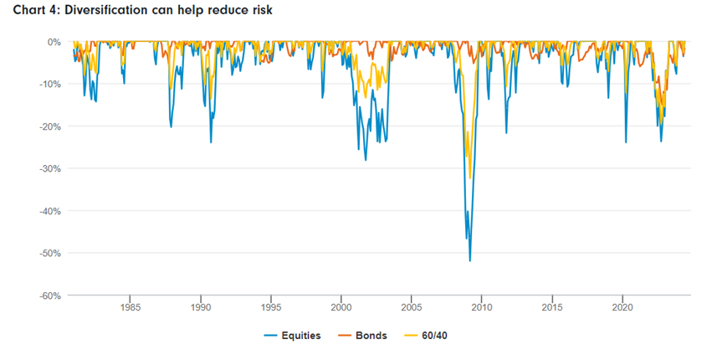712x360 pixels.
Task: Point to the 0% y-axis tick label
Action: tap(54, 42)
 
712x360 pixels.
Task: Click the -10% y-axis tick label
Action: tap(49, 84)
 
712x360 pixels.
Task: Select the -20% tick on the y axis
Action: tap(49, 126)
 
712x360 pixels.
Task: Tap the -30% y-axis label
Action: tap(49, 168)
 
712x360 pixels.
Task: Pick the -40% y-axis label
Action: tap(49, 211)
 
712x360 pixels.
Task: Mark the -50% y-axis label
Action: tap(49, 253)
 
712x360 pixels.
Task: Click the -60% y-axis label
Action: tap(49, 296)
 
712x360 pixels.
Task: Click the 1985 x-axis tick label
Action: tap(130, 306)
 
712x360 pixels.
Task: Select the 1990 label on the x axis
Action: tap(200, 306)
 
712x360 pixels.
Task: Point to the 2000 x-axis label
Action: tap(341, 306)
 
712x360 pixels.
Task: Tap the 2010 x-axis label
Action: tap(481, 306)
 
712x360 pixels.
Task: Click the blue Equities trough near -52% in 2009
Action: tap(469, 260)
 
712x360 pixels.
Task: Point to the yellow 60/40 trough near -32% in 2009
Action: tap(470, 177)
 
